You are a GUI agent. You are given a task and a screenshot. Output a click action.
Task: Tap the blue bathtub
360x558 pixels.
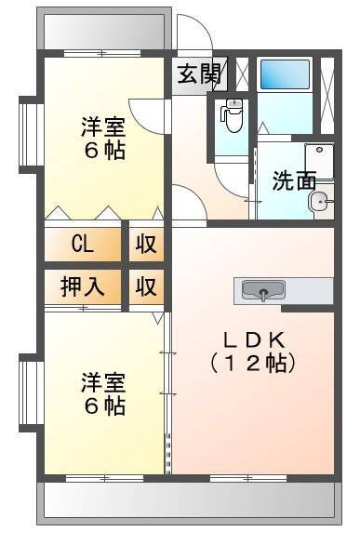tap(285, 74)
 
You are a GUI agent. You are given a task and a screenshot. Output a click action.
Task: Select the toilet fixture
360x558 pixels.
tap(233, 114)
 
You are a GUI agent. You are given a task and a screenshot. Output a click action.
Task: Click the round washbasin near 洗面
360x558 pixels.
tap(320, 202)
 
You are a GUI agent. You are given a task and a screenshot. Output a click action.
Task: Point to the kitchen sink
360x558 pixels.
tap(263, 291)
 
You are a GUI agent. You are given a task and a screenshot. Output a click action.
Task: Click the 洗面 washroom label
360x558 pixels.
tap(294, 181)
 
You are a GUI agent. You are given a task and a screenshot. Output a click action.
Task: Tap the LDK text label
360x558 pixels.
tap(254, 340)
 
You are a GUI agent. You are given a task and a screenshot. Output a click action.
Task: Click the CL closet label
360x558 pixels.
tap(83, 245)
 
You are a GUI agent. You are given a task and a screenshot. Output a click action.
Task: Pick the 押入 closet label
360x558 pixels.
tap(83, 286)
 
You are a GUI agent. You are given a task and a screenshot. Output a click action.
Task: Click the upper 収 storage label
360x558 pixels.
tap(146, 245)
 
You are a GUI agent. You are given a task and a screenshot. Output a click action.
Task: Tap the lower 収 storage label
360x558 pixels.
tap(146, 286)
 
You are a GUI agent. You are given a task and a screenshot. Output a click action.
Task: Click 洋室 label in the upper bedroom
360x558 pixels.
tap(103, 127)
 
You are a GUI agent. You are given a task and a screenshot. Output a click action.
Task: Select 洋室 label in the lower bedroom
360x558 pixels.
tap(103, 382)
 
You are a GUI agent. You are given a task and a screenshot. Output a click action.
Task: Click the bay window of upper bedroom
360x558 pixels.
tap(32, 135)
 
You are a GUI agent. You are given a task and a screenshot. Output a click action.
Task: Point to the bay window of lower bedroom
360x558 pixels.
tap(32, 392)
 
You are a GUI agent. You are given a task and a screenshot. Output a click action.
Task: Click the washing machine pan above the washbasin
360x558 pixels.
tap(319, 161)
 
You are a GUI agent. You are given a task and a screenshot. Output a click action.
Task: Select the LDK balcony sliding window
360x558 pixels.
tap(248, 478)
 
